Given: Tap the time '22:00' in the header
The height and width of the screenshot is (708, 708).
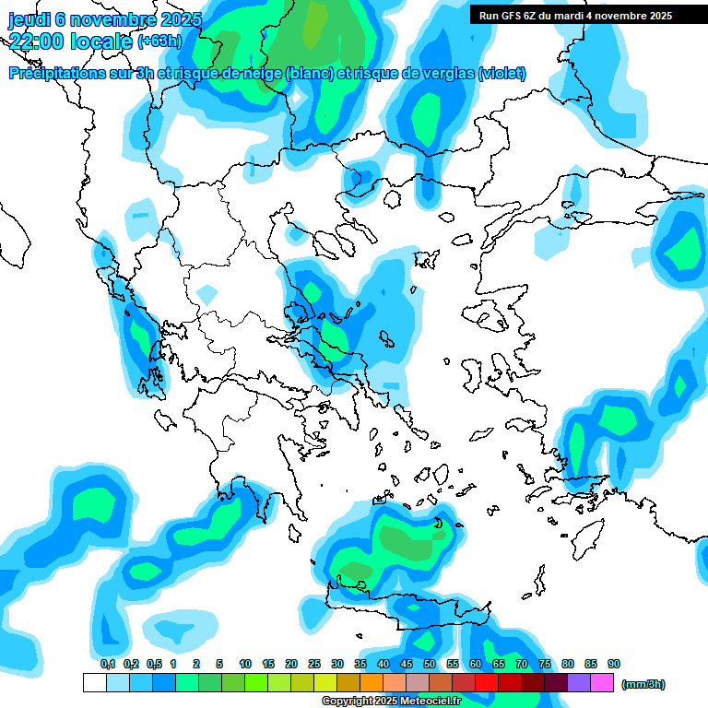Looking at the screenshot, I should click(x=36, y=41).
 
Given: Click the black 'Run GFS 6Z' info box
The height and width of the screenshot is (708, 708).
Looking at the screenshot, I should click(x=587, y=16).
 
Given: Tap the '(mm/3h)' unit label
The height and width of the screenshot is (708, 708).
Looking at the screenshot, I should click(x=643, y=684).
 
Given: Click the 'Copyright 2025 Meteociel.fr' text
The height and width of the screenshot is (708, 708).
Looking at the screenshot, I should click(x=391, y=702).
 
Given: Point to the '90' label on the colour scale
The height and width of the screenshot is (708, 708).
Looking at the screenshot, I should click(x=614, y=664).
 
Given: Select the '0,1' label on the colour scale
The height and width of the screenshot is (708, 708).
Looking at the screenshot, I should click(x=107, y=664).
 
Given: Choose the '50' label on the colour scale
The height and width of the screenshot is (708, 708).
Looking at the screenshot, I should click(x=430, y=664).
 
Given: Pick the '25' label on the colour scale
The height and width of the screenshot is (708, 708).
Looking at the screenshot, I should click(x=314, y=664).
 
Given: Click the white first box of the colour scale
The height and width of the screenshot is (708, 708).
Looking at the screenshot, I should click(x=94, y=682).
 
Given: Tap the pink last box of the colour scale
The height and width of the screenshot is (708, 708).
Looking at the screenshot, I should click(x=602, y=682).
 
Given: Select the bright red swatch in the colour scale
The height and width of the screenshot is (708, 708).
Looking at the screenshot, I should click(x=487, y=682).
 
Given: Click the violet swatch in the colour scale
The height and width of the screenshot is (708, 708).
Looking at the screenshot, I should click(x=579, y=682).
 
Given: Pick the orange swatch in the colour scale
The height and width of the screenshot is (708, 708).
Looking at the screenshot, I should click(x=372, y=682).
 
